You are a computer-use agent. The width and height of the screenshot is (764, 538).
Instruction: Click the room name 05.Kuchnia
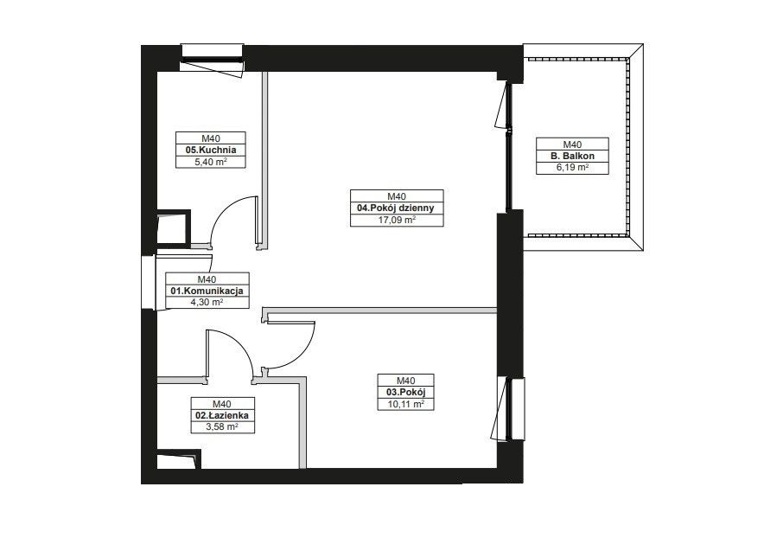tap(211, 151)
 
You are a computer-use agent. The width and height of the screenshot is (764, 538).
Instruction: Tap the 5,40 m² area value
tap(211, 162)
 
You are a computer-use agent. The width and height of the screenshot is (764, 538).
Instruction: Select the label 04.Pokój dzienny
tap(396, 208)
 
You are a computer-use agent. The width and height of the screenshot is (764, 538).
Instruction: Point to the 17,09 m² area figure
tap(397, 220)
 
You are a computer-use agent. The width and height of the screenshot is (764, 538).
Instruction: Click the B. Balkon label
tap(572, 157)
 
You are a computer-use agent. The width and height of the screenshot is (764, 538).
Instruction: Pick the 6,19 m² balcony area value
tap(572, 168)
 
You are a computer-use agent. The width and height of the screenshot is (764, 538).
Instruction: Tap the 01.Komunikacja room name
tap(207, 291)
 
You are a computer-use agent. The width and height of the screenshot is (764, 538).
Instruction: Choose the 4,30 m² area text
tap(207, 303)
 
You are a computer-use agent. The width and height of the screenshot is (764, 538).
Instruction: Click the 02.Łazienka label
tap(222, 415)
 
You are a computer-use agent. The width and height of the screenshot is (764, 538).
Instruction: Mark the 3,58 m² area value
tap(222, 427)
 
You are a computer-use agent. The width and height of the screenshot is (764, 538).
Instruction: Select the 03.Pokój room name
tap(406, 393)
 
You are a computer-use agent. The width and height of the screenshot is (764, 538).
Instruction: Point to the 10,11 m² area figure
tap(406, 404)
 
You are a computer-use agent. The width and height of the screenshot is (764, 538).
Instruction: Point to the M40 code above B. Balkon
tap(572, 144)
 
